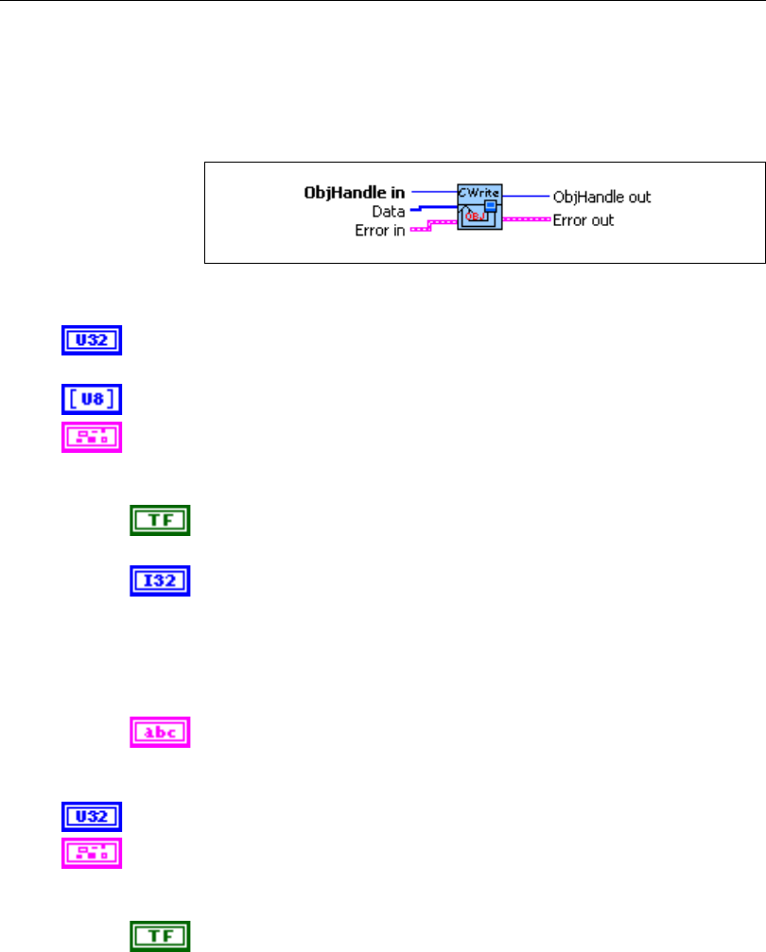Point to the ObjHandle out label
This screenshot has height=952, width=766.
tap(601, 197)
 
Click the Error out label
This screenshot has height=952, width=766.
tap(583, 220)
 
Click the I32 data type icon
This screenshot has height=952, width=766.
tap(160, 580)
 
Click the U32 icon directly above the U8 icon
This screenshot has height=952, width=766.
tap(92, 340)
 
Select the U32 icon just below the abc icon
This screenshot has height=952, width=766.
tap(92, 816)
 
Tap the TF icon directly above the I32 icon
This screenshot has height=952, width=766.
tap(160, 521)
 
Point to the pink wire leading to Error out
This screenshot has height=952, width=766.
tap(525, 220)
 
